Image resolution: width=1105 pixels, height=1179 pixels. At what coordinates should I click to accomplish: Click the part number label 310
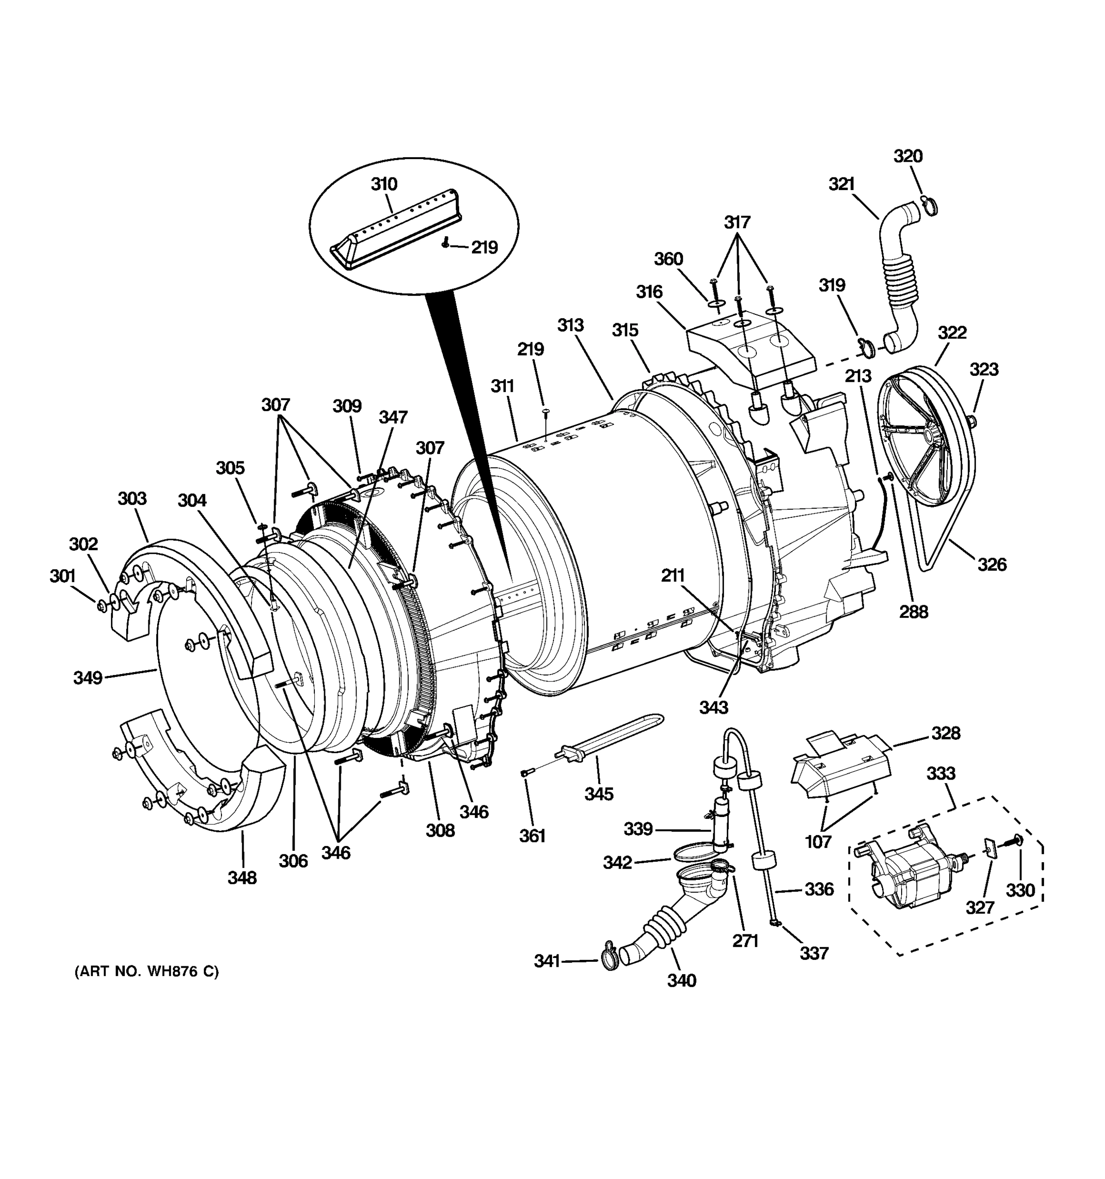click(x=384, y=184)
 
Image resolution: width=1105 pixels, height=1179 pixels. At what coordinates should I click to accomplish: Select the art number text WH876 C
click(x=146, y=971)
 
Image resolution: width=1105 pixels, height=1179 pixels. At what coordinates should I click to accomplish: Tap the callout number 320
click(x=908, y=157)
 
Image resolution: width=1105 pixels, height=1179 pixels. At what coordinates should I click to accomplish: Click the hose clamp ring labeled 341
click(x=609, y=961)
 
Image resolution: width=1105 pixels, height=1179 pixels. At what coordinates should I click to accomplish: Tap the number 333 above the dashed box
click(x=941, y=773)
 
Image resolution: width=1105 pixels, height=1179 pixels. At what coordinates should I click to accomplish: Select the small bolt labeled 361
click(x=527, y=772)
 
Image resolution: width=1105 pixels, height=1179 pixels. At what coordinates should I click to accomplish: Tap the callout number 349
click(x=88, y=677)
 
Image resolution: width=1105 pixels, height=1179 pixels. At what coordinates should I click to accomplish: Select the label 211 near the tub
click(x=673, y=575)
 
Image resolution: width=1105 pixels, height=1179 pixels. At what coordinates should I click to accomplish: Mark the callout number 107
click(x=818, y=841)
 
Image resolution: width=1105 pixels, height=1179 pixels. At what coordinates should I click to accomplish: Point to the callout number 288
click(x=913, y=612)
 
